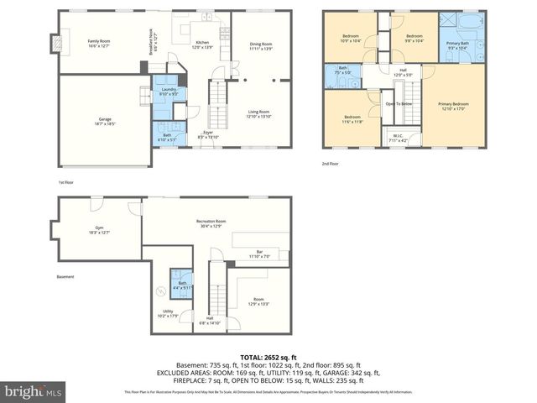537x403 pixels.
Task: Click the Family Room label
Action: click(x=100, y=44)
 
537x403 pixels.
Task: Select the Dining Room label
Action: click(x=261, y=45)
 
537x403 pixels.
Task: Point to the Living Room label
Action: click(x=258, y=113)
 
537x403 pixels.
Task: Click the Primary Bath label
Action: click(x=458, y=44)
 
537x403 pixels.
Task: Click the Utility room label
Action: click(x=168, y=313)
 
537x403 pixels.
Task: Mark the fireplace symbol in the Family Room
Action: click(x=56, y=42)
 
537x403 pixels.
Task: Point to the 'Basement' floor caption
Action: click(x=65, y=276)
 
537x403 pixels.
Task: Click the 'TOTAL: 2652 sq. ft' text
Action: click(x=268, y=356)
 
